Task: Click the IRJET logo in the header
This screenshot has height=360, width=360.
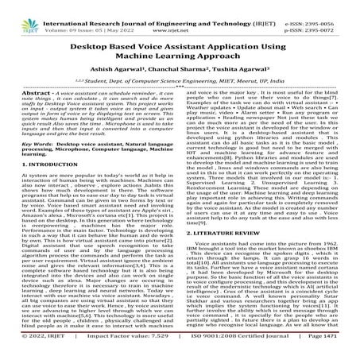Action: click(x=15, y=12)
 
